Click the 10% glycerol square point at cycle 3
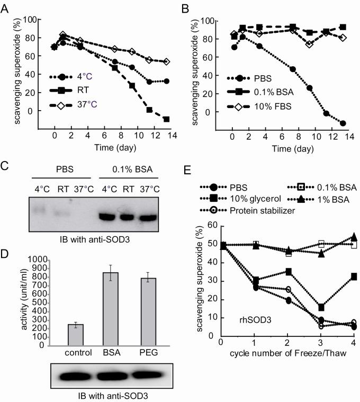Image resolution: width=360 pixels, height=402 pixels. click(x=321, y=307)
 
